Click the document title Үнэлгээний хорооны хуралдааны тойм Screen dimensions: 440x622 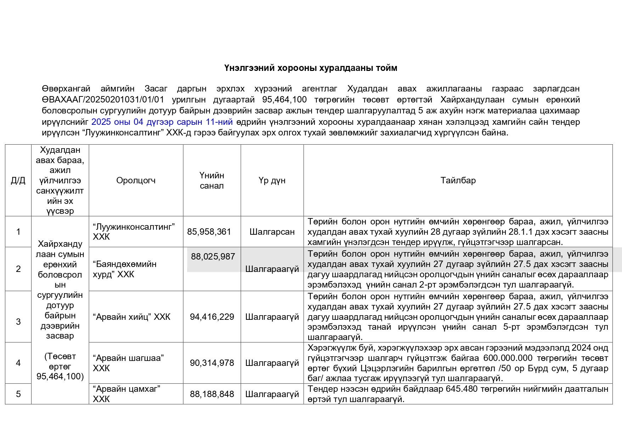tap(310, 68)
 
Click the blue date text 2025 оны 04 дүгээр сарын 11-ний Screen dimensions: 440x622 tap(162, 122)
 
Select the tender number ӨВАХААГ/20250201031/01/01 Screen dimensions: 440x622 tap(103, 100)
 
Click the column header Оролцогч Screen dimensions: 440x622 tap(136, 180)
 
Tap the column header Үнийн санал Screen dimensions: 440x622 tap(212, 180)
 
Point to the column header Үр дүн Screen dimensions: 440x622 tap(272, 180)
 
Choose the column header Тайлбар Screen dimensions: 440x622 tap(458, 180)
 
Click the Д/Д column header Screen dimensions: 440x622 tap(18, 181)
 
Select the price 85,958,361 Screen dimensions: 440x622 tap(209, 232)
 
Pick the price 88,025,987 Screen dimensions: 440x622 tap(213, 257)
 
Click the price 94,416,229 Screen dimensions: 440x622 tap(212, 317)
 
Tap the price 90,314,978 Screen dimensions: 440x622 tap(212, 363)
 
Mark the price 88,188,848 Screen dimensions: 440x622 tap(212, 394)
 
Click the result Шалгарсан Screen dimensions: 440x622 tap(272, 232)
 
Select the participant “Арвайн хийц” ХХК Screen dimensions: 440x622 tap(131, 317)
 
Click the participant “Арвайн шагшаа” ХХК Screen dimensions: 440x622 tap(128, 363)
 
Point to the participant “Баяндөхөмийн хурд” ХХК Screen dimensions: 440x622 tap(124, 269)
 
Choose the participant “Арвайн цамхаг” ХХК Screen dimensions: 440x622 tap(126, 394)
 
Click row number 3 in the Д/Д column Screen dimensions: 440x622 tap(18, 322)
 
